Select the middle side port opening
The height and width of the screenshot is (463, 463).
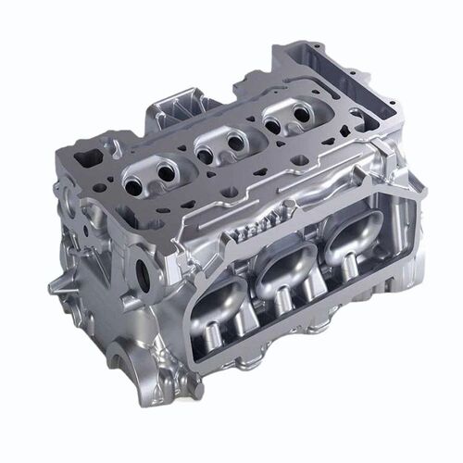click(x=284, y=272)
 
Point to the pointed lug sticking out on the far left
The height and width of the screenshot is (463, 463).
click(x=56, y=282)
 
